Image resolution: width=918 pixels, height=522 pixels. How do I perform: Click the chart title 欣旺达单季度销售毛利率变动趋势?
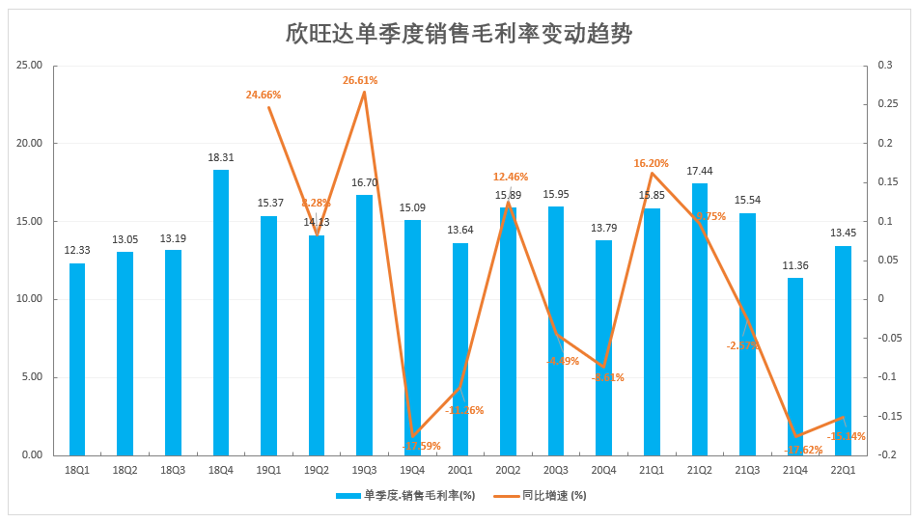[x=459, y=36]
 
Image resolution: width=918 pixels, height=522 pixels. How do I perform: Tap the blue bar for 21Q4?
[x=795, y=366]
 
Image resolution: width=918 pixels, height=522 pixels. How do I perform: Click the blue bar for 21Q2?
[x=700, y=318]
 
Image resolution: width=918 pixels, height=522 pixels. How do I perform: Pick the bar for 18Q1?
[x=77, y=359]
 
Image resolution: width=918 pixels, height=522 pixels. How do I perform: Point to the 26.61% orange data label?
[x=360, y=80]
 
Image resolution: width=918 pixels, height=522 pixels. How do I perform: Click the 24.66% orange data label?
[x=264, y=95]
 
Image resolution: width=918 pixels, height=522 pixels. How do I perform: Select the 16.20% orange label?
[x=652, y=163]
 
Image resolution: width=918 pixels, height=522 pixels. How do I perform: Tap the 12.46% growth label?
[x=511, y=177]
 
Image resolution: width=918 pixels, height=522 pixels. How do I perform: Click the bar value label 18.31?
[x=221, y=156]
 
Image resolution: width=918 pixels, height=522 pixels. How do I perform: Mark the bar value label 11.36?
[x=795, y=265]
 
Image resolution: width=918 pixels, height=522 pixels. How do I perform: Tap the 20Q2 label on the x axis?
[x=508, y=470]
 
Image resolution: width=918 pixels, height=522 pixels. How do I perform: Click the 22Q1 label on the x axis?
[x=843, y=470]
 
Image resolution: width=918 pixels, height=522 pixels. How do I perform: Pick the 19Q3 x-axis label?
[x=365, y=470]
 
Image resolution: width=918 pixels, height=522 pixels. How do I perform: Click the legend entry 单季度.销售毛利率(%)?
[x=405, y=496]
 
